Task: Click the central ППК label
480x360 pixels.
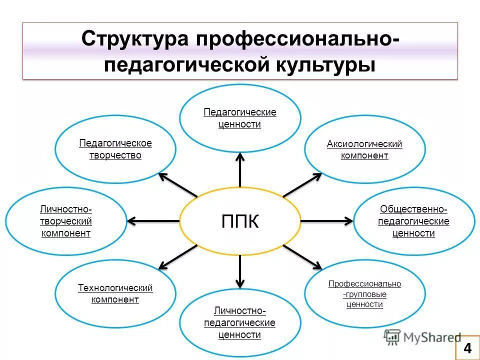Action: tap(240, 221)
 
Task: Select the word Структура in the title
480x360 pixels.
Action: tap(135, 39)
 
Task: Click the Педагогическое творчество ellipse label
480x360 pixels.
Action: tap(115, 149)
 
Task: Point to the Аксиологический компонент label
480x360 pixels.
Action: tap(364, 150)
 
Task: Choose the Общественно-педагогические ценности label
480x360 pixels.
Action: tap(413, 221)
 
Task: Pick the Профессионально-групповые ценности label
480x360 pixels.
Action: tap(364, 293)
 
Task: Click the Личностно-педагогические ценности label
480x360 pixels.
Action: tap(239, 323)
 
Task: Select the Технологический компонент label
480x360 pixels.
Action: tap(115, 294)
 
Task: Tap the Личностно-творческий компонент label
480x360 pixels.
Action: tap(66, 221)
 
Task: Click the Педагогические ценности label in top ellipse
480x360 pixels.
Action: tap(239, 118)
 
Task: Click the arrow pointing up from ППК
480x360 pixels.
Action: tap(240, 170)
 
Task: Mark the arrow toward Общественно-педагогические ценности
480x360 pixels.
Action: tap(326, 220)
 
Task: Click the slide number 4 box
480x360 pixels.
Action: tap(467, 348)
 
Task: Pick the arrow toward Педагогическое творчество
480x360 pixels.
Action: tap(177, 184)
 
